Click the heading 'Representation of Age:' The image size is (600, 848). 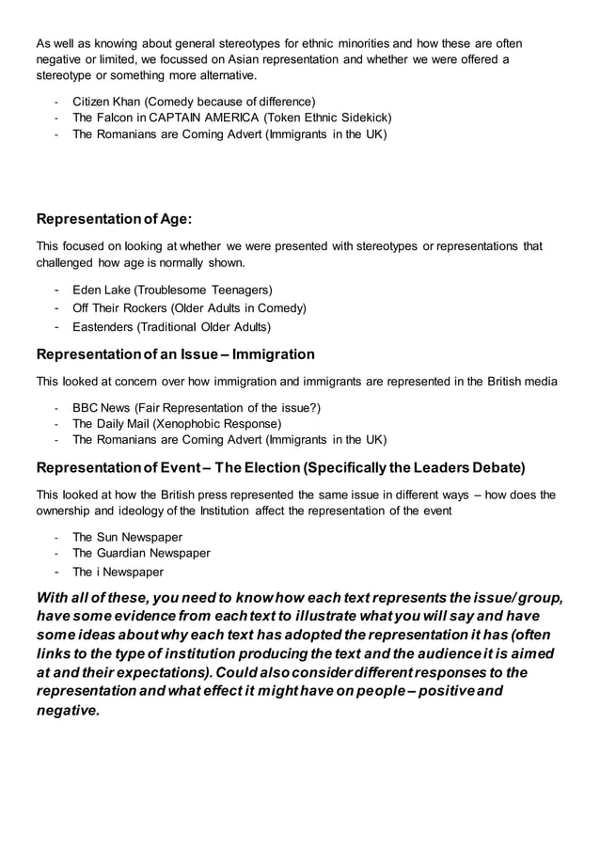[x=114, y=219]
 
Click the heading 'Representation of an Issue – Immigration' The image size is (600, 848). [x=175, y=354]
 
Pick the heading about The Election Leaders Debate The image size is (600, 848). [x=280, y=467]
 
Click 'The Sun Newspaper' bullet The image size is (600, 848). [x=127, y=537]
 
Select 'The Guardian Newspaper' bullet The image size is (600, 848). [x=141, y=554]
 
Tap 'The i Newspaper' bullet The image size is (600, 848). [x=118, y=572]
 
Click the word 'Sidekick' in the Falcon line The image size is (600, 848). [x=361, y=118]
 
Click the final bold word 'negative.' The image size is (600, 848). [x=67, y=710]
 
